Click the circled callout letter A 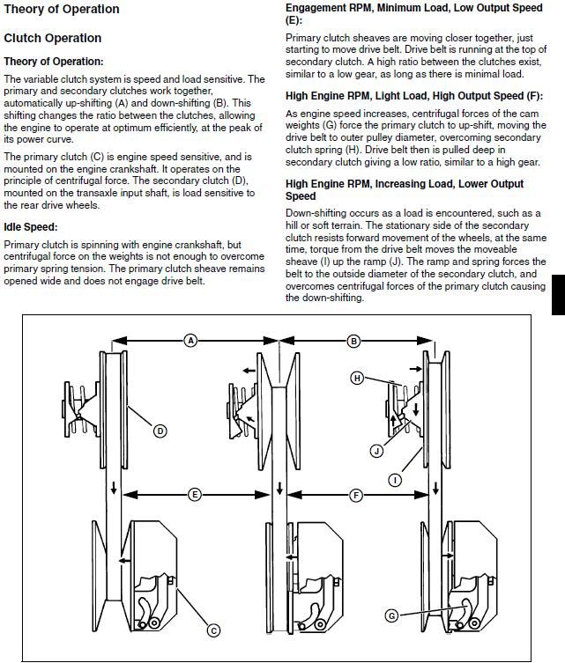pyautogui.click(x=190, y=341)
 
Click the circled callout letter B pyautogui.click(x=353, y=341)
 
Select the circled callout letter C pyautogui.click(x=212, y=630)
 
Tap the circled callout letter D pyautogui.click(x=160, y=431)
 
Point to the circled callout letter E pyautogui.click(x=195, y=495)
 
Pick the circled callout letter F pyautogui.click(x=356, y=495)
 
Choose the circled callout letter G pyautogui.click(x=391, y=615)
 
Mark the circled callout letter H pyautogui.click(x=357, y=378)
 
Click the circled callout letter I pyautogui.click(x=394, y=480)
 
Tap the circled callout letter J pyautogui.click(x=376, y=450)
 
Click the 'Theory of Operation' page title pyautogui.click(x=61, y=10)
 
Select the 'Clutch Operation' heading pyautogui.click(x=52, y=38)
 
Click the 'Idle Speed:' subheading pyautogui.click(x=31, y=227)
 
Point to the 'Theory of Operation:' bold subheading pyautogui.click(x=54, y=62)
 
